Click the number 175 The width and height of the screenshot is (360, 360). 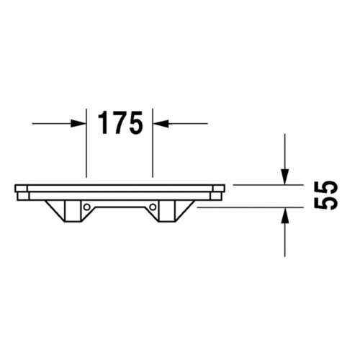coord(120,123)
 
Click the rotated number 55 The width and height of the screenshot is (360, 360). coord(326,194)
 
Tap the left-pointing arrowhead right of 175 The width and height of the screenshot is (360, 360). coord(161,123)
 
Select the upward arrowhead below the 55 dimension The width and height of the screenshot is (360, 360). coord(285,215)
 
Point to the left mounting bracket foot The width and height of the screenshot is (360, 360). coord(72,212)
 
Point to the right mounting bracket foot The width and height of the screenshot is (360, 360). coord(168,212)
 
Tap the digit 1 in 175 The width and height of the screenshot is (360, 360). coord(102,123)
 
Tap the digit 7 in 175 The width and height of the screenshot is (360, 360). coord(119,123)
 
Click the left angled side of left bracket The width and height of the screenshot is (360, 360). coord(53,210)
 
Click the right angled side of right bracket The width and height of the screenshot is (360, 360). coord(186,210)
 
